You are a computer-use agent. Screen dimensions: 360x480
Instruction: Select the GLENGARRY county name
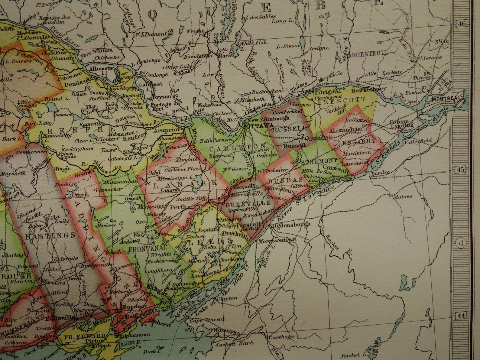[x=354, y=141]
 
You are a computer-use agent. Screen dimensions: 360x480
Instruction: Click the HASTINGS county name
[x=50, y=236]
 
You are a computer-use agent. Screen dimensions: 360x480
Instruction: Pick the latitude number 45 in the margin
[x=460, y=170]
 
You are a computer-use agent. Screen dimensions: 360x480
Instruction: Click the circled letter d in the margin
[x=461, y=243]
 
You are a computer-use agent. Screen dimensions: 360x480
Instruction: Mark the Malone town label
[x=403, y=196]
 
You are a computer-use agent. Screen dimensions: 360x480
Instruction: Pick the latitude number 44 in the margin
[x=461, y=316]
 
